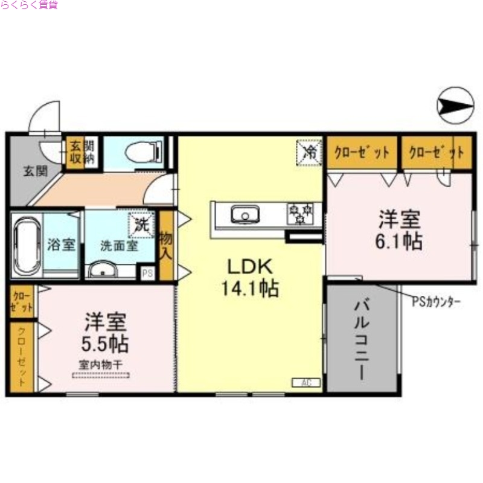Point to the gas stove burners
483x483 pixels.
(300, 213)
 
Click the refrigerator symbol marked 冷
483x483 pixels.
(310, 151)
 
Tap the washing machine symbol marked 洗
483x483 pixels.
(141, 225)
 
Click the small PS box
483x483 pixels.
(147, 272)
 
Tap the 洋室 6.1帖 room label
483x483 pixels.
(399, 230)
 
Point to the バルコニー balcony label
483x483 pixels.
(360, 338)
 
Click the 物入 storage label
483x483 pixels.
(166, 245)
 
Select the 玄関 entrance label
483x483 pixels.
(35, 171)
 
